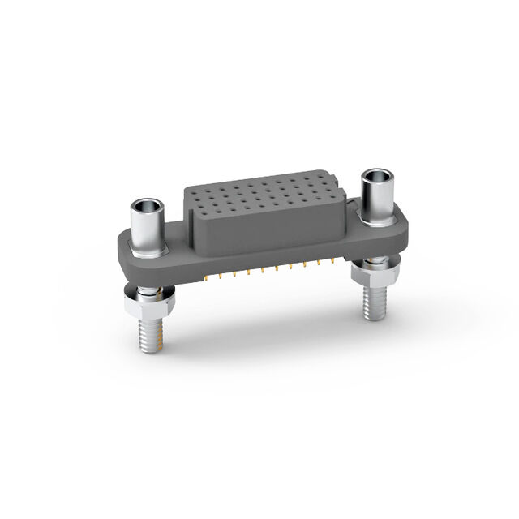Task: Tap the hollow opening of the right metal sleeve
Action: click(x=376, y=176)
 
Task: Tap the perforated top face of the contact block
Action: click(x=259, y=195)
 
